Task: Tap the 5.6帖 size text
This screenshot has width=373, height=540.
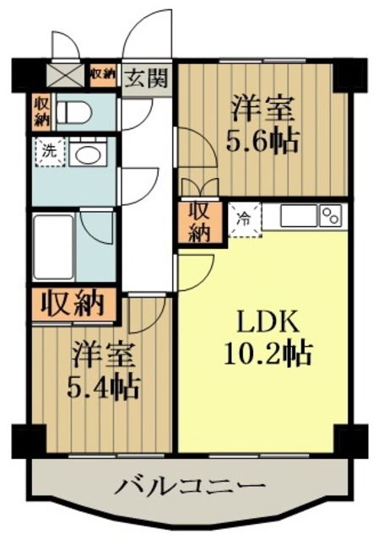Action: pyautogui.click(x=263, y=140)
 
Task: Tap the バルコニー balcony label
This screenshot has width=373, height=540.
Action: pyautogui.click(x=190, y=486)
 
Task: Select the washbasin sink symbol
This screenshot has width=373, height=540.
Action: pyautogui.click(x=85, y=154)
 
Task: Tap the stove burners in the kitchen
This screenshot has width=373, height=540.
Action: pyautogui.click(x=331, y=215)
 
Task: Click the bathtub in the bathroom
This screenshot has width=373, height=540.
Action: pyautogui.click(x=54, y=246)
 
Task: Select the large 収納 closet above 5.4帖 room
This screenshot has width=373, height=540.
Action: pyautogui.click(x=73, y=301)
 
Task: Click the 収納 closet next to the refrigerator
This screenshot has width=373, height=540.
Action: pyautogui.click(x=198, y=222)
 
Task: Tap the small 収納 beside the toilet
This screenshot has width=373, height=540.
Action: pyautogui.click(x=41, y=111)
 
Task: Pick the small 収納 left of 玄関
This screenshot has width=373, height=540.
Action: pyautogui.click(x=103, y=74)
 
